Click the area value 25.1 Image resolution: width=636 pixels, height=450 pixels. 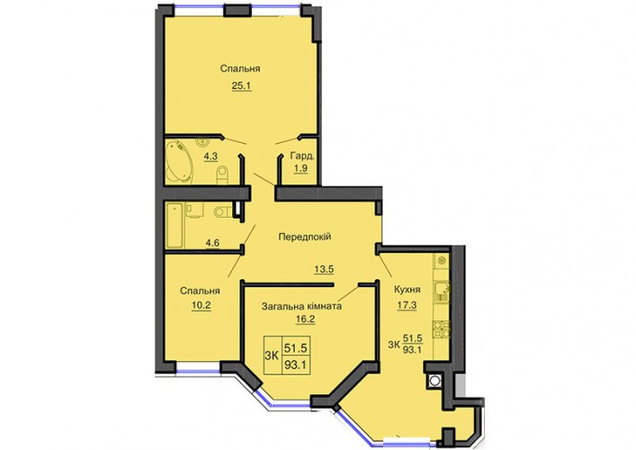point(242,85)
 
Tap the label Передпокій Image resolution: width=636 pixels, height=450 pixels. point(305,236)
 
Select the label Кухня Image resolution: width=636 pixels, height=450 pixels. point(408,289)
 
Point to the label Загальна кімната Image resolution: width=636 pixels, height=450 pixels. point(301,306)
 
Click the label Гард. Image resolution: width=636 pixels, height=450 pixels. point(302,156)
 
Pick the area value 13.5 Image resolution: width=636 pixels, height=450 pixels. point(324,268)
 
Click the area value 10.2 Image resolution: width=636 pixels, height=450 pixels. point(202,305)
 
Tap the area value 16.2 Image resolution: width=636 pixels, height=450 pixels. point(306,319)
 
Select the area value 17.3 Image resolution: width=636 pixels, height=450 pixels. point(407,305)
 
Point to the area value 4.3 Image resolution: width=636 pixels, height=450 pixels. point(211,157)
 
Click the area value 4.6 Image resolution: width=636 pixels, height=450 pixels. point(212,243)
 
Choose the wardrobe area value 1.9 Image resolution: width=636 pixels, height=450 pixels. point(300,168)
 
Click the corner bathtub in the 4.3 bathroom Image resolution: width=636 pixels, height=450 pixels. point(180,160)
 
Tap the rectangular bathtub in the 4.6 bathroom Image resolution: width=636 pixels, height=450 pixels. point(175,226)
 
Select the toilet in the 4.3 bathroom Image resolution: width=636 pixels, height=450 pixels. point(222,175)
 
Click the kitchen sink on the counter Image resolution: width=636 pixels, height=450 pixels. point(441,291)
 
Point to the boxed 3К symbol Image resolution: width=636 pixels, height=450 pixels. point(272,356)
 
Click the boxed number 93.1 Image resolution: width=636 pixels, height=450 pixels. point(296,365)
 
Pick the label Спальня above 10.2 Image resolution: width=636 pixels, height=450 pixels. point(200,291)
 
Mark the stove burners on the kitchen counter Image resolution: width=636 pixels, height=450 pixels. point(441,330)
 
